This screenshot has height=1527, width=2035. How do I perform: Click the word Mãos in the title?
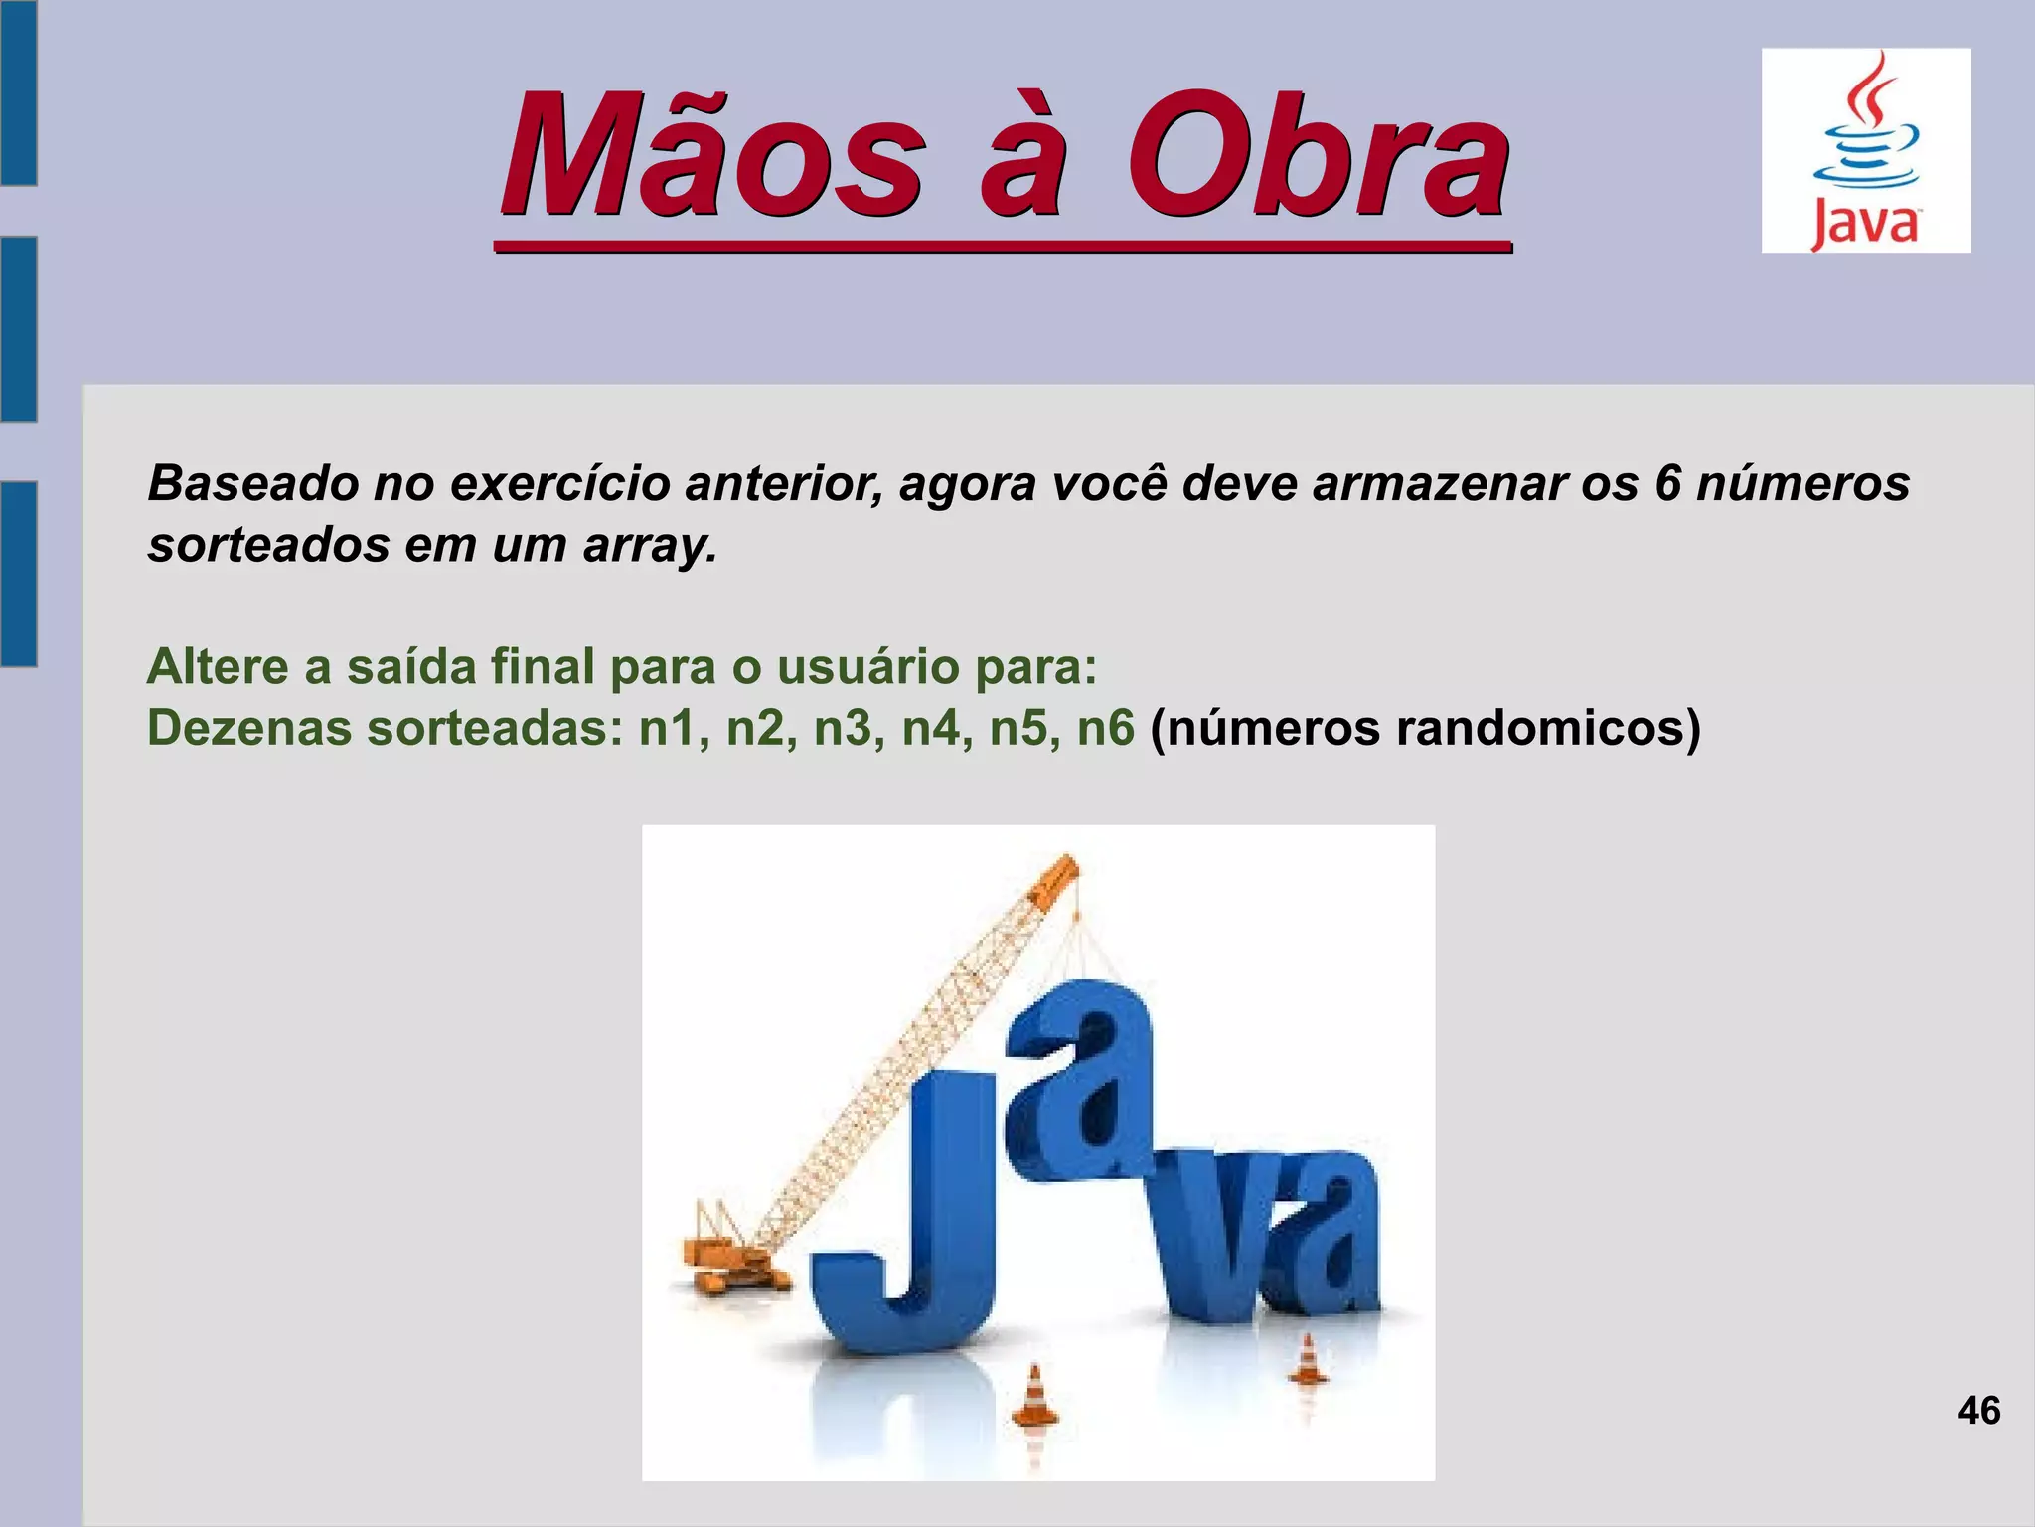[x=711, y=157]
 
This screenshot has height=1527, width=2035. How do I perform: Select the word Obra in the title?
[x=1316, y=157]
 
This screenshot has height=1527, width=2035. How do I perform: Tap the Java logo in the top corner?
[x=1865, y=150]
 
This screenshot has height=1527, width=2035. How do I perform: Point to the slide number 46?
[x=1978, y=1411]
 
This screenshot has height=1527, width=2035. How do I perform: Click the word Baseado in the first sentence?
[x=252, y=484]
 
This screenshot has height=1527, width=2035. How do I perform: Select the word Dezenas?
[x=249, y=729]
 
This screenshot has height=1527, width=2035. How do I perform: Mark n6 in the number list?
[x=1105, y=729]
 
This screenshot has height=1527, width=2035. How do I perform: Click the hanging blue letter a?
[x=1083, y=1074]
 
